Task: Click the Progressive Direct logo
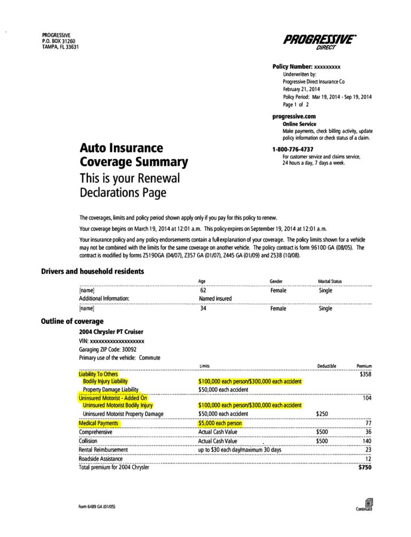point(319,42)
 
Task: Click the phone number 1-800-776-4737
point(293,149)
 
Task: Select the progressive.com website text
point(294,116)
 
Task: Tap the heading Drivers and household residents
point(93,271)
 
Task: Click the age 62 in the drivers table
point(203,291)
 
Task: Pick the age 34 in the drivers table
point(203,308)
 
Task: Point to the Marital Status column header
point(330,281)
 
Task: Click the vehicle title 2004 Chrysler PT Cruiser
point(111,332)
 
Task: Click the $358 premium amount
point(365,375)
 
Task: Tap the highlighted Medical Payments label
point(98,423)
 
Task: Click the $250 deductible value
point(322,414)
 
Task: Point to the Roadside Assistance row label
point(101,459)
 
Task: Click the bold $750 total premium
point(364,467)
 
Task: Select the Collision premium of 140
point(367,441)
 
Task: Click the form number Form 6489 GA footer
point(100,506)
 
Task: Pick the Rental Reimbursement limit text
point(239,450)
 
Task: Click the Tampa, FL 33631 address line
point(60,47)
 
